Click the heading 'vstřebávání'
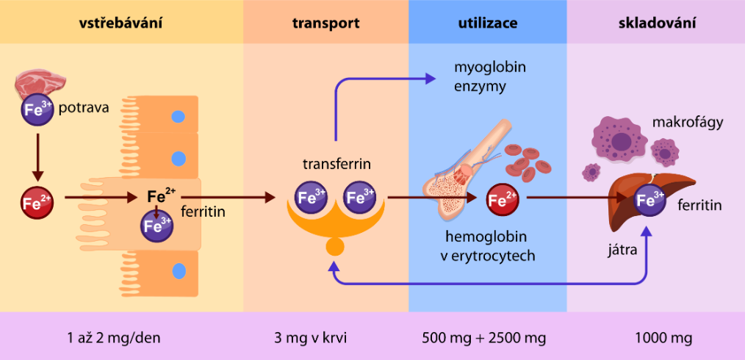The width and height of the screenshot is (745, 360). [121, 23]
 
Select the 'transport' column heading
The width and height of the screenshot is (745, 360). [325, 23]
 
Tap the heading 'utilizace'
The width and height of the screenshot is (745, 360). [487, 23]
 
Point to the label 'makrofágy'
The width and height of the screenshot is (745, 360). [688, 122]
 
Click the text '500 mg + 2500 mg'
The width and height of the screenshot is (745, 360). [485, 339]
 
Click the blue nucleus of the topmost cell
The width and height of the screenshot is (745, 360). [178, 116]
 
